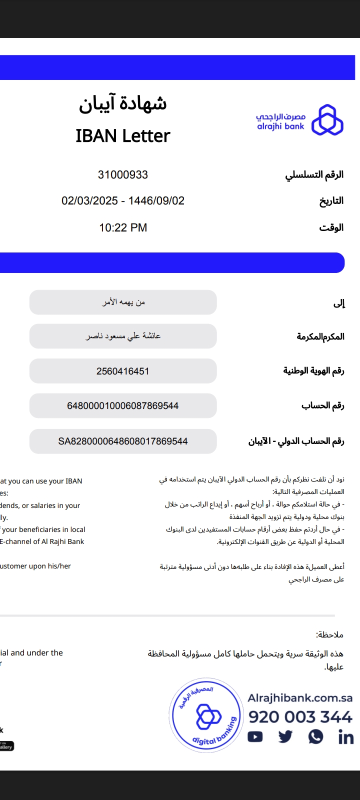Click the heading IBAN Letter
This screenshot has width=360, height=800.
pyautogui.click(x=123, y=136)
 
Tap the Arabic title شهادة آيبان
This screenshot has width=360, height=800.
pyautogui.click(x=123, y=103)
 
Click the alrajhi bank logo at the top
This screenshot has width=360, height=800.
pyautogui.click(x=300, y=120)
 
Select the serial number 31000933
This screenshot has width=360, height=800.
pyautogui.click(x=123, y=175)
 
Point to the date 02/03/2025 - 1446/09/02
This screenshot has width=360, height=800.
pyautogui.click(x=123, y=201)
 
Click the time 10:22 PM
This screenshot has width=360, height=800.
pyautogui.click(x=123, y=228)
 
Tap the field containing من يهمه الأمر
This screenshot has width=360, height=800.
pyautogui.click(x=123, y=302)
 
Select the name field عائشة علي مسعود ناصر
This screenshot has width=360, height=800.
pyautogui.click(x=123, y=336)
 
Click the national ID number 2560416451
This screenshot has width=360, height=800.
pyautogui.click(x=123, y=371)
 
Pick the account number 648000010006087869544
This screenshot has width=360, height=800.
pyautogui.click(x=123, y=405)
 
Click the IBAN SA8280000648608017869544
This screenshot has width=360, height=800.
pyautogui.click(x=123, y=441)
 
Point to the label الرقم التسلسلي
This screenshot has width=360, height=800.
pyautogui.click(x=314, y=175)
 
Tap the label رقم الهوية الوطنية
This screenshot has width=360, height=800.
pyautogui.click(x=313, y=371)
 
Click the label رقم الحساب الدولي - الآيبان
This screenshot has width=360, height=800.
pyautogui.click(x=296, y=441)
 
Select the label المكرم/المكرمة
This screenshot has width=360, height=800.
pyautogui.click(x=320, y=336)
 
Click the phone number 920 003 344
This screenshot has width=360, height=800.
pyautogui.click(x=300, y=717)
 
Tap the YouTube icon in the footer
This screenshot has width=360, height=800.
pyautogui.click(x=255, y=736)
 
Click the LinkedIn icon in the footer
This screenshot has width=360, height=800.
pyautogui.click(x=345, y=737)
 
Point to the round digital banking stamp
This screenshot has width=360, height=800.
pyautogui.click(x=206, y=715)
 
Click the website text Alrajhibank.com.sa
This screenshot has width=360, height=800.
pyautogui.click(x=300, y=698)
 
